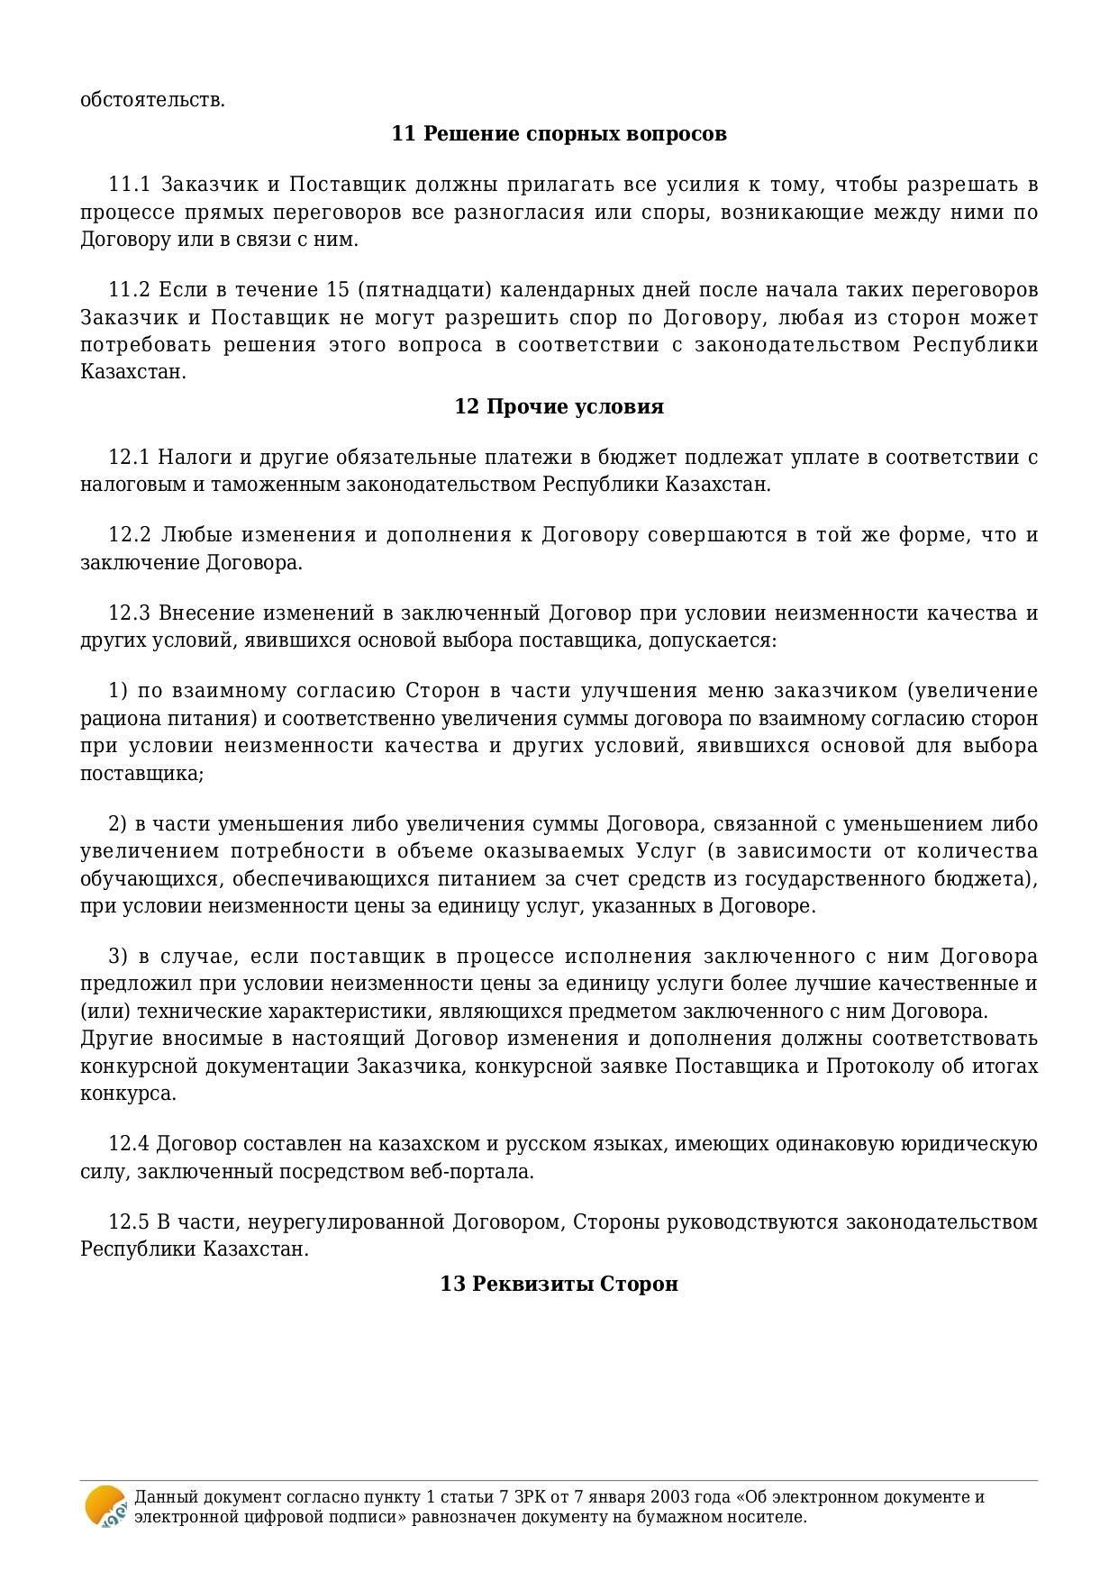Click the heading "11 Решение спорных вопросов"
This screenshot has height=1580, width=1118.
point(559,134)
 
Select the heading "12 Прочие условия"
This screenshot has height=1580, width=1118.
point(559,407)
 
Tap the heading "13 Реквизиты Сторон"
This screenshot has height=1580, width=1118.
point(559,1284)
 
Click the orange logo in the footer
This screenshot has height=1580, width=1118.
point(105,1506)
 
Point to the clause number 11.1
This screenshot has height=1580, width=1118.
point(128,186)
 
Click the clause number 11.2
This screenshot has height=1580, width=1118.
point(128,290)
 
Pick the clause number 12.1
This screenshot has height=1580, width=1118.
point(128,458)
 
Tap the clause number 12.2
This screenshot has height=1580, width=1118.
point(129,535)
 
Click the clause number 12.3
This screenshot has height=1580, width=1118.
point(128,613)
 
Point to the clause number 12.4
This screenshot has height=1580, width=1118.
point(128,1144)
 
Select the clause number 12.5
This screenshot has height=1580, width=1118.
point(128,1222)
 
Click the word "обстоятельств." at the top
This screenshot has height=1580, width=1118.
point(152,100)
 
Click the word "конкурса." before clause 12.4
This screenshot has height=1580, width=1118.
point(128,1094)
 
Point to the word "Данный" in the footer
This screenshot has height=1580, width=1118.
point(160,1497)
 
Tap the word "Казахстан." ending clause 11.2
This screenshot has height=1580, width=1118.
point(132,372)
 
